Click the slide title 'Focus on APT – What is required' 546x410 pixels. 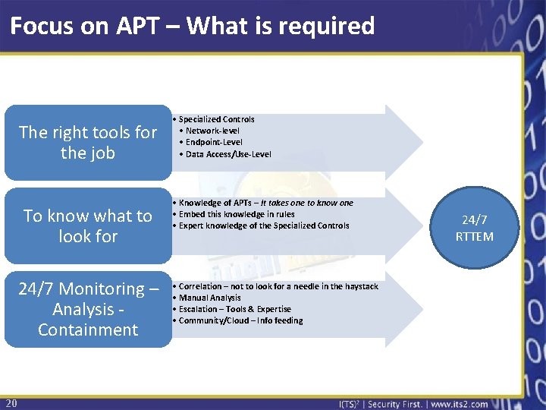[193, 27]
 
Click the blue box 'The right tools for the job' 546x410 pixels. [88, 143]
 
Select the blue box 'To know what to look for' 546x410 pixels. [88, 226]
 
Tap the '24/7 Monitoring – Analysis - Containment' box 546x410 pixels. [88, 309]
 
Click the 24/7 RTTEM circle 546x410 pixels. [475, 228]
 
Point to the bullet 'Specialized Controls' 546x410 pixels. [216, 119]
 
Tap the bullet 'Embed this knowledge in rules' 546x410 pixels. [237, 214]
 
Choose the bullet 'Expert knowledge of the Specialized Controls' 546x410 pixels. [264, 225]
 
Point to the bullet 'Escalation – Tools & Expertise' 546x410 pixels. [234, 309]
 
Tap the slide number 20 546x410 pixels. [11, 402]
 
